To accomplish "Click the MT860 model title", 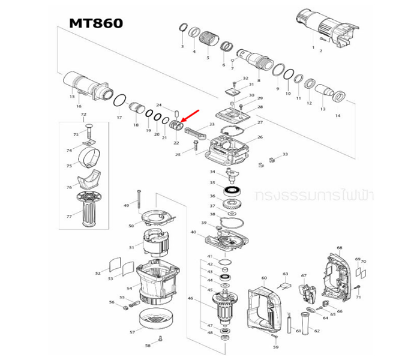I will click(x=96, y=23).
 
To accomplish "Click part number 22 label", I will click(x=176, y=143).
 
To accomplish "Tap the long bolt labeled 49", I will click(x=137, y=198).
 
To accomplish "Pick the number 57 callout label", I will click(x=133, y=331).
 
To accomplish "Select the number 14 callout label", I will click(x=337, y=115).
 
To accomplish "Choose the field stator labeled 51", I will click(x=156, y=245).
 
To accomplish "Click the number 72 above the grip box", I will click(x=83, y=115).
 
